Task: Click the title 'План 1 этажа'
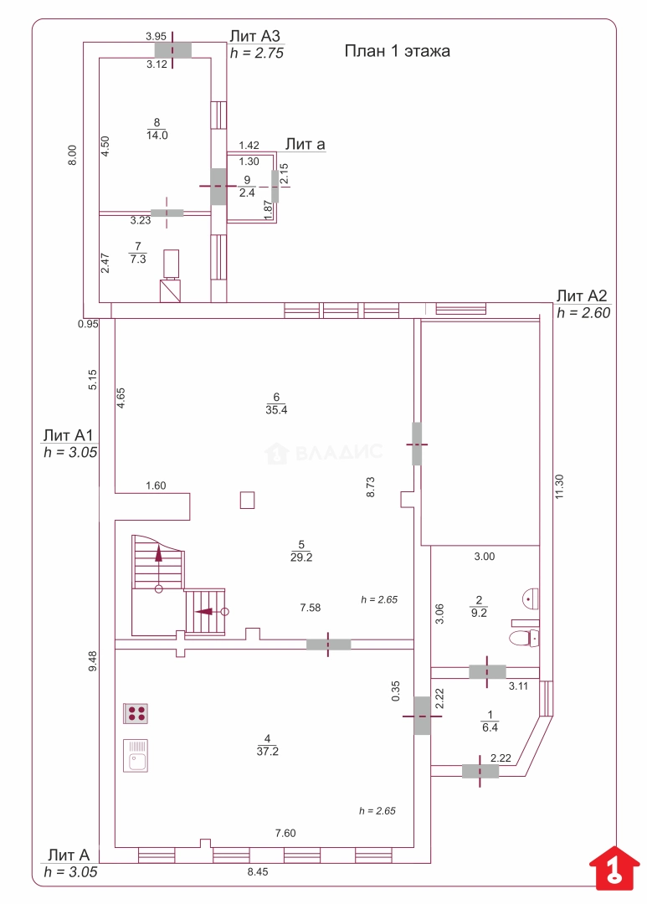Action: [398, 51]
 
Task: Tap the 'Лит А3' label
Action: [254, 36]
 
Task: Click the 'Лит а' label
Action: [305, 145]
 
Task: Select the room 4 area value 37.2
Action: [267, 751]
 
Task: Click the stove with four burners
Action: [136, 713]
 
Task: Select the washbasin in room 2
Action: [531, 598]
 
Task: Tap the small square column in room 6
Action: [247, 500]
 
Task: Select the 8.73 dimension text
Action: [369, 488]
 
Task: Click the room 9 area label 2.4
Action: [246, 192]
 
